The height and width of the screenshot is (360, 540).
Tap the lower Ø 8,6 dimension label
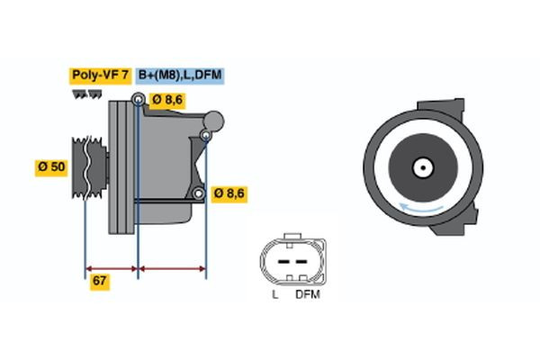click(229, 193)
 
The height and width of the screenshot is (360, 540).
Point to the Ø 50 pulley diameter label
click(51, 166)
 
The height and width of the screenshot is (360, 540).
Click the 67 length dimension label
click(101, 282)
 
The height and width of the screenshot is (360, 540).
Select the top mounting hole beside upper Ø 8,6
click(138, 99)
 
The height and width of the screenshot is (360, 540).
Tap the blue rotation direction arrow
click(421, 209)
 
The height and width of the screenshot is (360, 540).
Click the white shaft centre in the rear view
click(421, 166)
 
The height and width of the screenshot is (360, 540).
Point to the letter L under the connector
click(275, 294)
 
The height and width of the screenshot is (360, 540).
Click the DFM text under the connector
click(307, 294)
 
